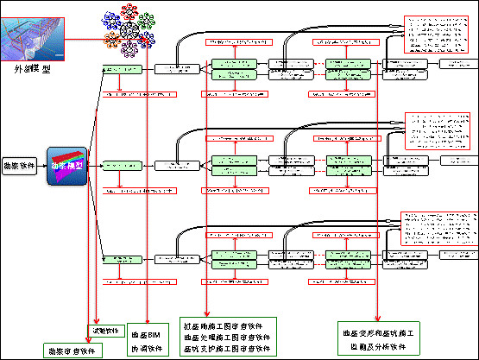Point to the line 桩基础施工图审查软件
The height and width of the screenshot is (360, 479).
tap(227, 325)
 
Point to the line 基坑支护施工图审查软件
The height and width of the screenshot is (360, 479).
tap(227, 349)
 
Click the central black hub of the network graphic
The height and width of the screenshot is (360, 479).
tap(130, 29)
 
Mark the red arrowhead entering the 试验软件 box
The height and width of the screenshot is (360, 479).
tap(95, 321)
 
